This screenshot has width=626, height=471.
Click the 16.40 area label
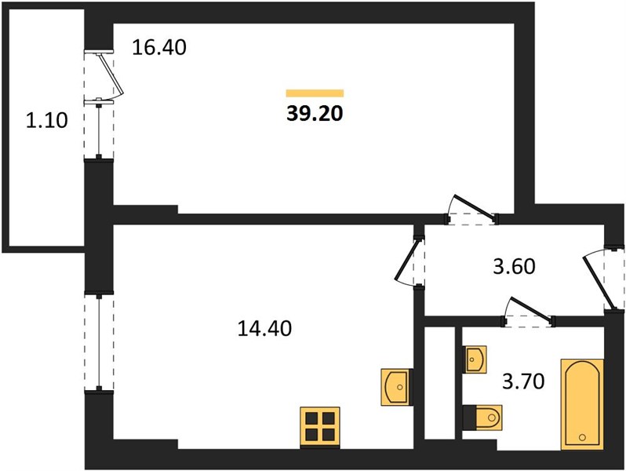click(159, 48)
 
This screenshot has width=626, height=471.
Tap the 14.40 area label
click(264, 328)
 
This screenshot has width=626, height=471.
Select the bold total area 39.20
click(315, 114)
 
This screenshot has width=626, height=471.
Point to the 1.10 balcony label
click(47, 120)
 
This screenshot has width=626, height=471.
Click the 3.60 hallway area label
click(514, 266)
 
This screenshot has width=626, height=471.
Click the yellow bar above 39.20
click(315, 93)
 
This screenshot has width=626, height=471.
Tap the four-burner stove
click(320, 427)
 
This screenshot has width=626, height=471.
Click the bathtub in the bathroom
click(582, 404)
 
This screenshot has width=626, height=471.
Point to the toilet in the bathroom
click(482, 418)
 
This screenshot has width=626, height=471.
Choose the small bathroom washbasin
click(475, 360)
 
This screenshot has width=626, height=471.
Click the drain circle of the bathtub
click(582, 437)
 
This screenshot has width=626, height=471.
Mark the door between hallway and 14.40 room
click(410, 261)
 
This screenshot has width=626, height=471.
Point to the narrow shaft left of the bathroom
click(439, 383)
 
